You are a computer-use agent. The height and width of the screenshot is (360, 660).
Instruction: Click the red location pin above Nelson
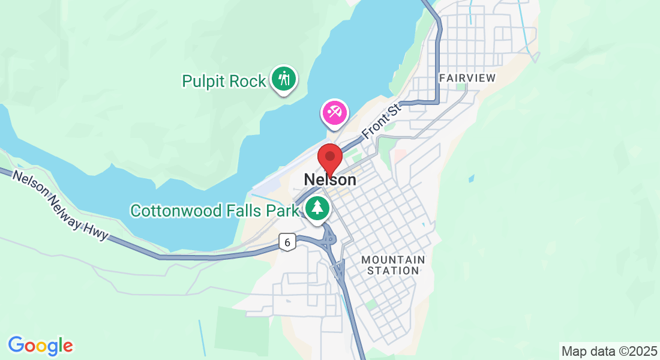(329, 158)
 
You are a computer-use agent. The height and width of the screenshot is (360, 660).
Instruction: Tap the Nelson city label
(329, 179)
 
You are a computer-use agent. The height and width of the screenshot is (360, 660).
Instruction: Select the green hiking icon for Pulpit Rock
(283, 79)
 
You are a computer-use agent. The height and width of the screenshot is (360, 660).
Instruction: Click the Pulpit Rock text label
(224, 82)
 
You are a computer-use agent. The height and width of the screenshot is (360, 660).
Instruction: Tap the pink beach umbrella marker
(334, 112)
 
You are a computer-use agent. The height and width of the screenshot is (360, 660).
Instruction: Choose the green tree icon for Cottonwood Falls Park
(316, 209)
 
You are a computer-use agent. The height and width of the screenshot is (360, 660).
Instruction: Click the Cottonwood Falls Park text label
(214, 211)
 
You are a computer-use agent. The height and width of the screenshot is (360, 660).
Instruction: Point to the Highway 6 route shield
(288, 242)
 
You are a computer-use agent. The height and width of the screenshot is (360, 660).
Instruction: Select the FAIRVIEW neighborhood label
(467, 78)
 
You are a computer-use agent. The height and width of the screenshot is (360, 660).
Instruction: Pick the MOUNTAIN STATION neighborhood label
(393, 265)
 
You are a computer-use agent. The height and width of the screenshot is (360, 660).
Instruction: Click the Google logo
(40, 346)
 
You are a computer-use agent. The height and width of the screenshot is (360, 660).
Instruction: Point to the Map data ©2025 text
(609, 351)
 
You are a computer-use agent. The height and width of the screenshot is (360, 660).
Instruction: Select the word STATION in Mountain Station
(393, 271)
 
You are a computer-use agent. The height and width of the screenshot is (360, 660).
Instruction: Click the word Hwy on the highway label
(99, 229)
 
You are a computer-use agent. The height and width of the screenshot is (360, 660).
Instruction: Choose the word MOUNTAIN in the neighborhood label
(393, 260)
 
